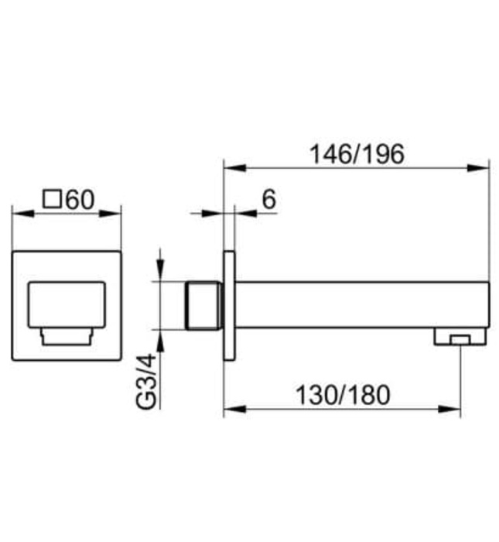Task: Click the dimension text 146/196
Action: pyautogui.click(x=357, y=154)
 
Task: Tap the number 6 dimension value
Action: pyautogui.click(x=268, y=199)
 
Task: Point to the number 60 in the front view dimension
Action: pyautogui.click(x=79, y=200)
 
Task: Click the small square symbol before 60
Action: pyautogui.click(x=52, y=200)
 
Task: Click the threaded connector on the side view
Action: pyautogui.click(x=204, y=305)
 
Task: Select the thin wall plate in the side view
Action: pyautogui.click(x=229, y=305)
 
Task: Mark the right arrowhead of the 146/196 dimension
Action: pyautogui.click(x=483, y=167)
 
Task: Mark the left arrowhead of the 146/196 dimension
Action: pyautogui.click(x=231, y=167)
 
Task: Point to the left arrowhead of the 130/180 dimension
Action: pyautogui.click(x=231, y=408)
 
